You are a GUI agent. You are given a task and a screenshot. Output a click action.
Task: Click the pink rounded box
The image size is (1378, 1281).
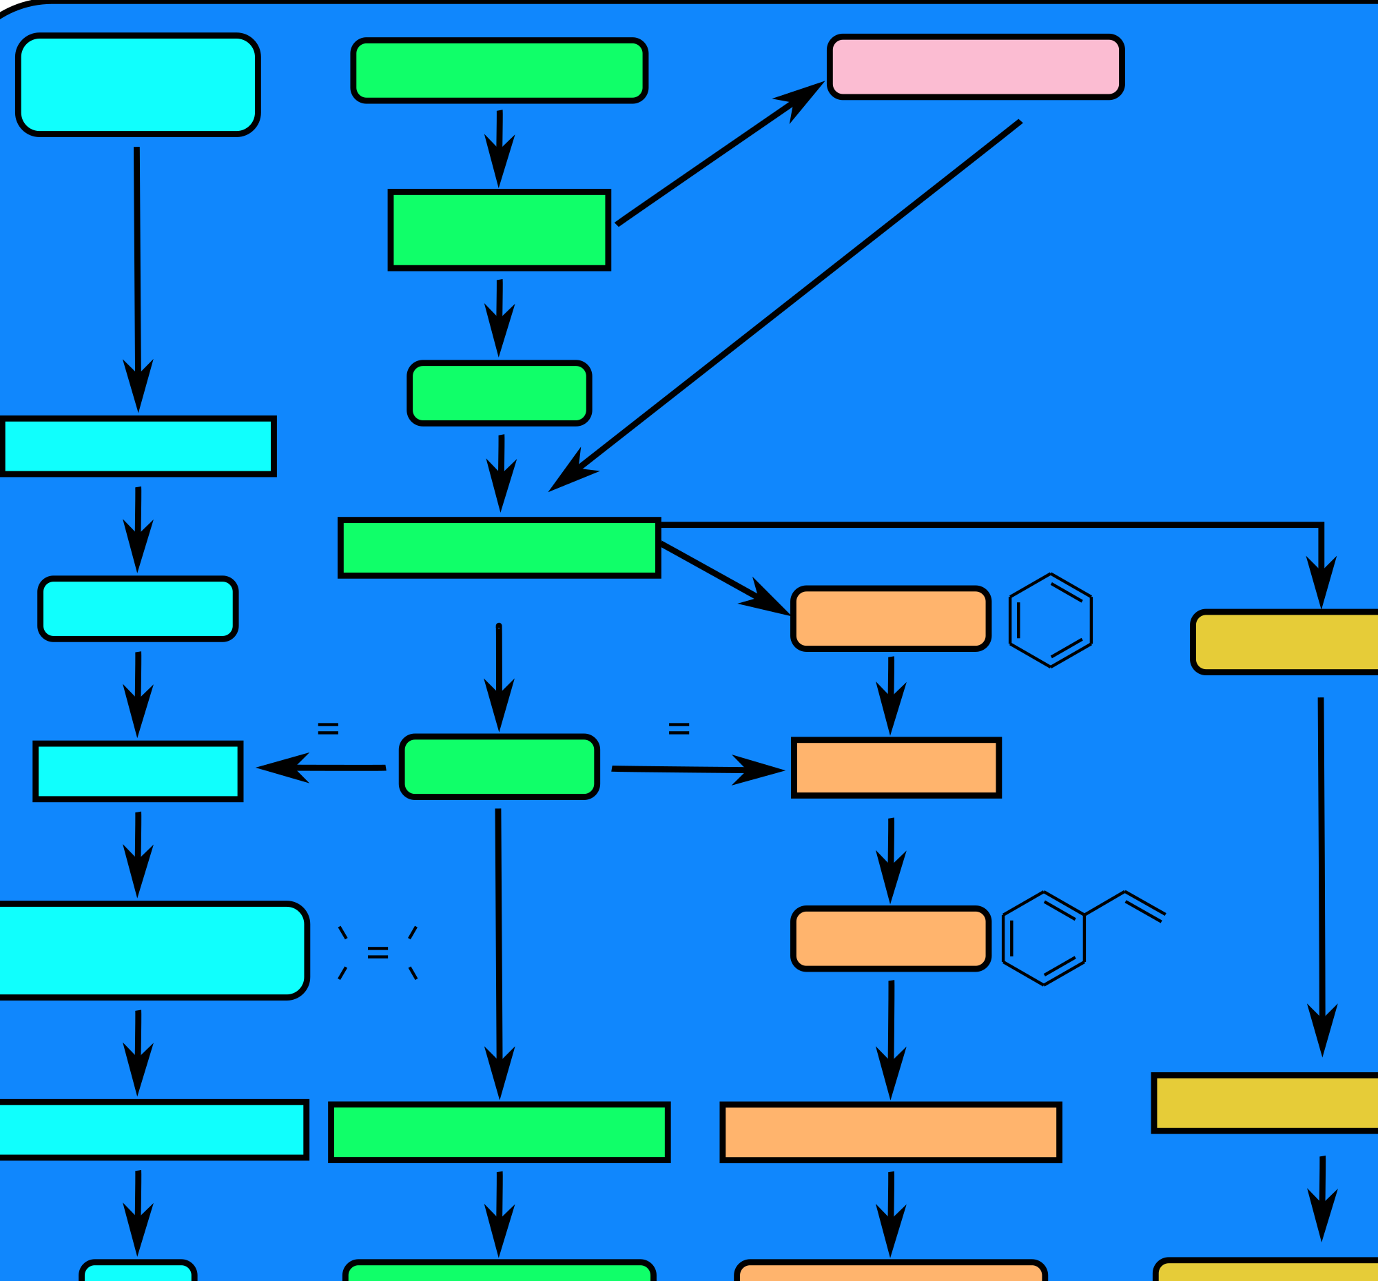click(975, 67)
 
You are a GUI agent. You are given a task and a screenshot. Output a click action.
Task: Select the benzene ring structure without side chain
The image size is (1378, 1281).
click(1050, 620)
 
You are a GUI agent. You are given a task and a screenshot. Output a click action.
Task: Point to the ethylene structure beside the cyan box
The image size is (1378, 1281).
click(378, 952)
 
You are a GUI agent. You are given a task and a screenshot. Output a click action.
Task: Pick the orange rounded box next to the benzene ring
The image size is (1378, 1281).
click(891, 618)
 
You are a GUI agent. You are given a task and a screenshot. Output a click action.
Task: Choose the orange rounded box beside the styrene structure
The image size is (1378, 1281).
click(891, 938)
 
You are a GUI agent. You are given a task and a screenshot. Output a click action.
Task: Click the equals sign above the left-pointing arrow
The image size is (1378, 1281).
click(328, 728)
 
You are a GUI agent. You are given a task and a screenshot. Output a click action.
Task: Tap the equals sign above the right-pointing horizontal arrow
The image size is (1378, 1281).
click(679, 728)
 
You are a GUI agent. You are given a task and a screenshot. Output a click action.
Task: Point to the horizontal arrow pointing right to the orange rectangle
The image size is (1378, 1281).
click(697, 770)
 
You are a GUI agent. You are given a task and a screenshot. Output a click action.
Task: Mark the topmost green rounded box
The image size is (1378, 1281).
click(499, 70)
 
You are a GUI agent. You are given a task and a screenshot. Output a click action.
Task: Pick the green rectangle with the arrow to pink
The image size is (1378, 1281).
click(499, 229)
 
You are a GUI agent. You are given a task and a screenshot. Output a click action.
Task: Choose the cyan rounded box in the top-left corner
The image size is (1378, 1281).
click(138, 84)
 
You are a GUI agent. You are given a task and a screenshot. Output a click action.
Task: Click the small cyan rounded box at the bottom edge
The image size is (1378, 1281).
click(138, 1272)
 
